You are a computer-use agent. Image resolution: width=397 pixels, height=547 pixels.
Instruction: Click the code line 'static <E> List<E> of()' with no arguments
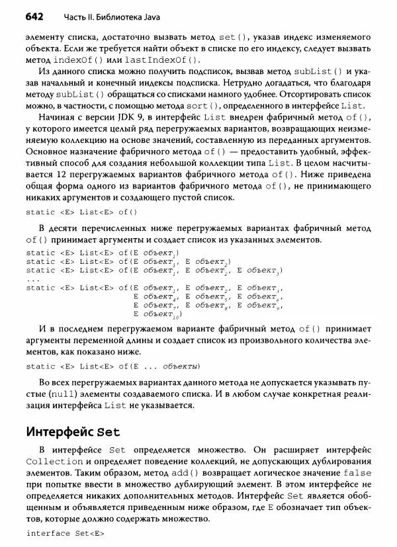pos(81,212)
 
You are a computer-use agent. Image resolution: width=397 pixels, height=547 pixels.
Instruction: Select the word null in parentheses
pos(61,394)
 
